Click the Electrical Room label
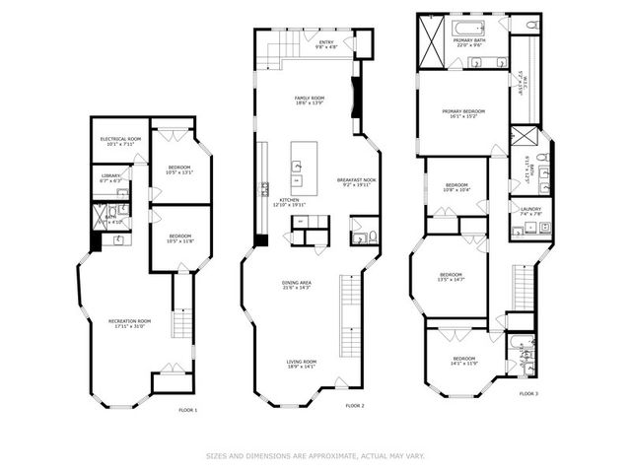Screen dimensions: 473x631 (x=120, y=141)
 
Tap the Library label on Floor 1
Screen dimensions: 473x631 (x=110, y=178)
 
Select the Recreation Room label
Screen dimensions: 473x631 (x=129, y=324)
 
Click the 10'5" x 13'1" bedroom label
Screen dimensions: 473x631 (x=178, y=169)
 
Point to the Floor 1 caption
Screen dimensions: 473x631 (x=187, y=409)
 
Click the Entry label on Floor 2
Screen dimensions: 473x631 (x=326, y=44)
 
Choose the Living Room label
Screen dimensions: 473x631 (x=301, y=364)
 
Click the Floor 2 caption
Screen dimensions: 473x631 (x=355, y=405)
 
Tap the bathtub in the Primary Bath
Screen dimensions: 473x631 (x=467, y=27)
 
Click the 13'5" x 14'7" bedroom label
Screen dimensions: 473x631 (x=452, y=277)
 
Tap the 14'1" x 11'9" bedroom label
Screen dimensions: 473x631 (x=463, y=361)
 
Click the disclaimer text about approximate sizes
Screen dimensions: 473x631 (x=315, y=455)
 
